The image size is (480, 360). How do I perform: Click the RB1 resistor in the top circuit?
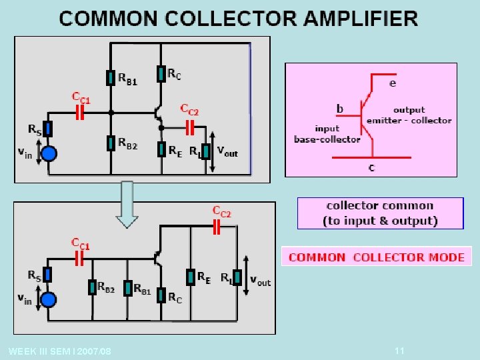111,78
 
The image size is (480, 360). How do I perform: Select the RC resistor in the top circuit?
161,74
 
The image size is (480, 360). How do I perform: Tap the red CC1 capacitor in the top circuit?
80,113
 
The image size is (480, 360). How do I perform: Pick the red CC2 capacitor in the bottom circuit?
217,227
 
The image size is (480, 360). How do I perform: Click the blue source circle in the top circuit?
49,153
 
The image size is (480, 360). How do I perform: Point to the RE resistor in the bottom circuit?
191,277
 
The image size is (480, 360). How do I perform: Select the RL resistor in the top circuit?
206,151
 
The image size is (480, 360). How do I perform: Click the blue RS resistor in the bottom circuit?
47,274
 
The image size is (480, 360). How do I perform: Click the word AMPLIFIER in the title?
361,19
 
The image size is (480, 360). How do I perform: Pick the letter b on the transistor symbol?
340,109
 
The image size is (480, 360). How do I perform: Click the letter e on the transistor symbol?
393,83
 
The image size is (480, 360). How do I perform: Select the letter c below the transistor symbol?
371,168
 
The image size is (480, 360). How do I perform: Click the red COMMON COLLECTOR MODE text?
377,257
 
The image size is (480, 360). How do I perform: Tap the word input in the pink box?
327,129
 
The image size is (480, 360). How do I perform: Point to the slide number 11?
399,351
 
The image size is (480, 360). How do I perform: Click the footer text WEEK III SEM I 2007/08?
60,351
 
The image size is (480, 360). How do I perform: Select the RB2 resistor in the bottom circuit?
93,287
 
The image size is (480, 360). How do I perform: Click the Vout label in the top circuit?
227,151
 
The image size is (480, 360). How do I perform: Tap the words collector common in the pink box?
380,206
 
